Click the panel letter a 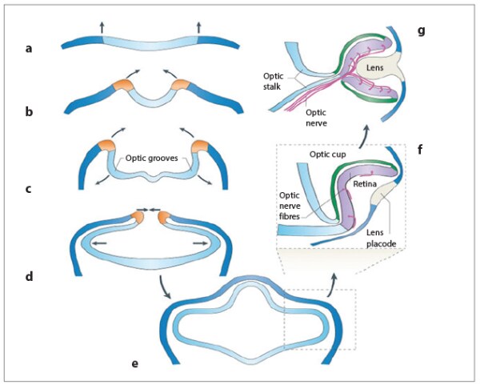(29, 49)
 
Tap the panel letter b (29, 112)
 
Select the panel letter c (29, 189)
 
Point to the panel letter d (29, 277)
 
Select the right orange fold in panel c (199, 149)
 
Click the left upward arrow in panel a (102, 27)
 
